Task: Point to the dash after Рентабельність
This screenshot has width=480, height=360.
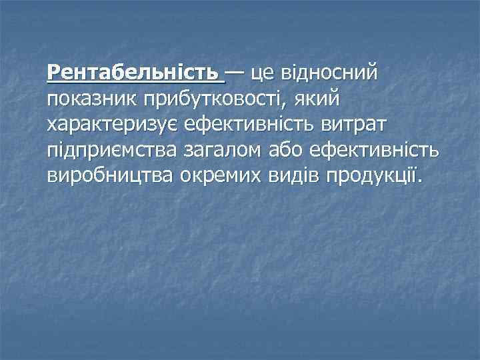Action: coord(235,69)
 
